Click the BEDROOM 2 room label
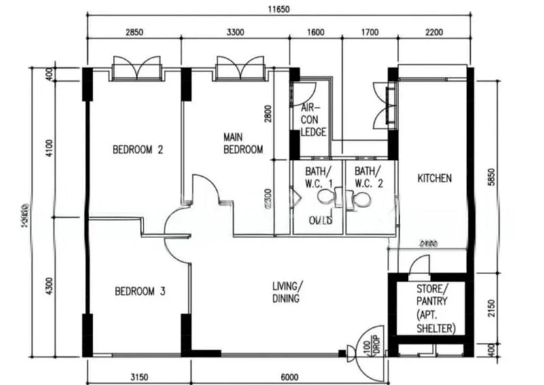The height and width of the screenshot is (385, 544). [138, 150]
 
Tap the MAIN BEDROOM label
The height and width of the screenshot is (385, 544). [243, 144]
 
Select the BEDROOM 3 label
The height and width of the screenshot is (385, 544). [140, 291]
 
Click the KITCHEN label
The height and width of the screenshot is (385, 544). [434, 178]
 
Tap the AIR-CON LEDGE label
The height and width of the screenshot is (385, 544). [313, 120]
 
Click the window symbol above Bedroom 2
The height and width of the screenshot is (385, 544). [137, 68]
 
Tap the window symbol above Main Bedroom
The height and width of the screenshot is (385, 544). [239, 68]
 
